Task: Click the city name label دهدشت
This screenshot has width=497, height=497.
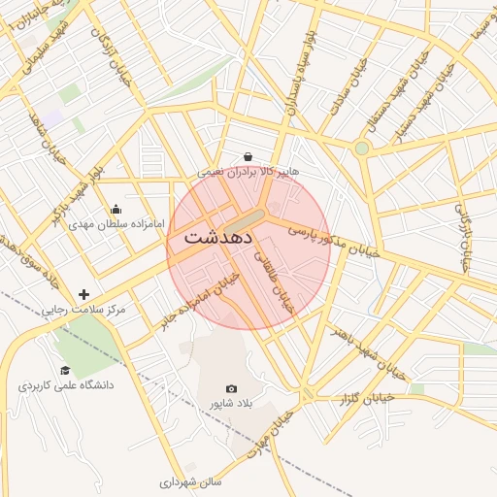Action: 218,236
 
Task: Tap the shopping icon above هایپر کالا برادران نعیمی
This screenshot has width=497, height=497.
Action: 248,156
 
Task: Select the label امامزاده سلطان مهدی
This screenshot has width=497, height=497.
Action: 116,223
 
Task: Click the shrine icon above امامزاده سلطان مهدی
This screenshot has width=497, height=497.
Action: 116,208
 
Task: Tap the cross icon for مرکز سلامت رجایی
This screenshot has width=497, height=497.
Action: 84,294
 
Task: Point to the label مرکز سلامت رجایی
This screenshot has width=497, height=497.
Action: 83,310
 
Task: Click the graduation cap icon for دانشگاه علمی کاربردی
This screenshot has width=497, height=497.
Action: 65,370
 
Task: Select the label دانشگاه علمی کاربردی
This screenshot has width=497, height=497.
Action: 65,385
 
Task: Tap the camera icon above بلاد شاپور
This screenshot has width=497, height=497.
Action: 231,388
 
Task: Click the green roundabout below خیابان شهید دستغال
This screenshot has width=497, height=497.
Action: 361,149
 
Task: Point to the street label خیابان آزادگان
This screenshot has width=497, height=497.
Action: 112,53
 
